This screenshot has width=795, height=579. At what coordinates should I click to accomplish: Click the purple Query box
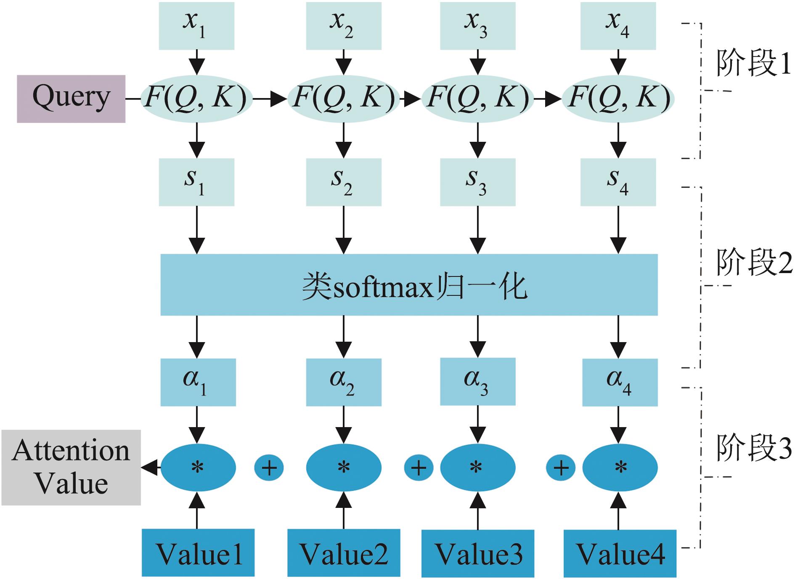[71, 99]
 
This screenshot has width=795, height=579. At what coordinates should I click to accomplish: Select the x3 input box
[477, 26]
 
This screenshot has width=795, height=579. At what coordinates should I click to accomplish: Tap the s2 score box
[343, 182]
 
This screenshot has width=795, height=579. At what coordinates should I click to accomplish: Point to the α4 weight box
[620, 382]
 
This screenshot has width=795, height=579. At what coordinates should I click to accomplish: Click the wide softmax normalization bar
[409, 285]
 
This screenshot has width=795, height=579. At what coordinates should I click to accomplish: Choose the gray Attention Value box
[71, 467]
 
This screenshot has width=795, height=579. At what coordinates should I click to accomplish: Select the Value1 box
[198, 552]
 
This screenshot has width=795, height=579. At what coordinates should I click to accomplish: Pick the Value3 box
[477, 553]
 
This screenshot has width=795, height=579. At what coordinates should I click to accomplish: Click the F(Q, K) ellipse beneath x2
[343, 99]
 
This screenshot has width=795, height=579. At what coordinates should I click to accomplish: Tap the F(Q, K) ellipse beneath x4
[618, 99]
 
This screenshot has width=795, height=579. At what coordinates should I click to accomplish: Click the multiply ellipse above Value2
[344, 467]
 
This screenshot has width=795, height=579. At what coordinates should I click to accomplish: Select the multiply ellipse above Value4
[620, 467]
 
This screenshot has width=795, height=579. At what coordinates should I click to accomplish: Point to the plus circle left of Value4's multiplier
[561, 467]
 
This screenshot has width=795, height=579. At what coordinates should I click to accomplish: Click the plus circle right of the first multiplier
[269, 467]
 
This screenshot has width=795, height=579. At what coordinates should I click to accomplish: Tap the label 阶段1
[753, 63]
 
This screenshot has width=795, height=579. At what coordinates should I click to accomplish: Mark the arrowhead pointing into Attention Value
[150, 467]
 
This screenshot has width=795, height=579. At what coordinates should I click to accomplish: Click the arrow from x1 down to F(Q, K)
[197, 62]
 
